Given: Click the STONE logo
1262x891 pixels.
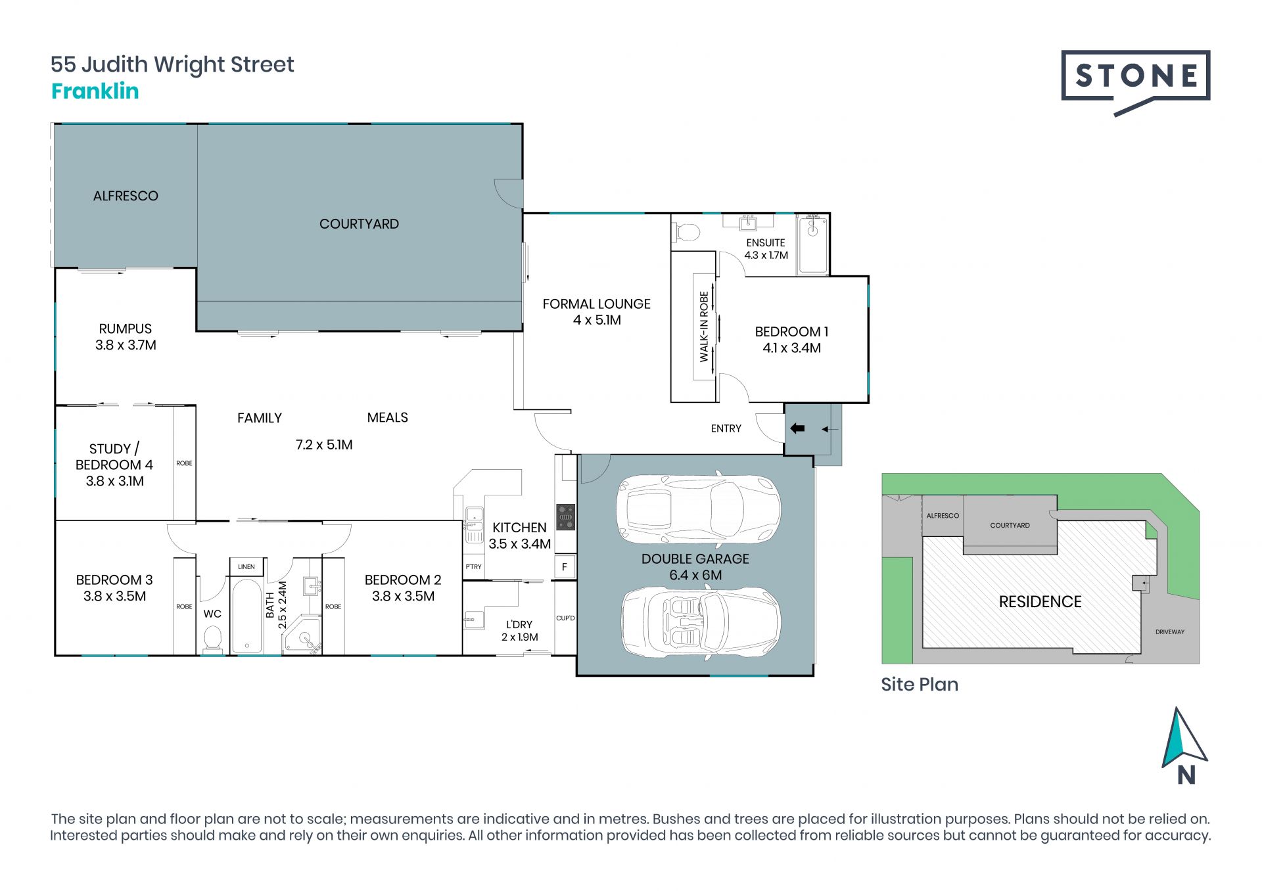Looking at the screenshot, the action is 1135,81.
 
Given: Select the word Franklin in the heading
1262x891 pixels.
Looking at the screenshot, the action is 95,91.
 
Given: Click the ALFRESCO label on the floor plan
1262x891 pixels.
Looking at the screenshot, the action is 126,196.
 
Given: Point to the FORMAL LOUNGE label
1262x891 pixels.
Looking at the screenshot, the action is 596,304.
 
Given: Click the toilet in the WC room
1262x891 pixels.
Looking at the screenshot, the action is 212,639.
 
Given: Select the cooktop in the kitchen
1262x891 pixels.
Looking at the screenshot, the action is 565,517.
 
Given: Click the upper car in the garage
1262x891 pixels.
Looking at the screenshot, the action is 698,508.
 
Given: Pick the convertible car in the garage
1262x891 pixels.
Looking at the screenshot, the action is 701,622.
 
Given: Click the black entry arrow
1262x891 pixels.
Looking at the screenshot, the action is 797,428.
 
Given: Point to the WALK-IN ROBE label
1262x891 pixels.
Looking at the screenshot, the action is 704,327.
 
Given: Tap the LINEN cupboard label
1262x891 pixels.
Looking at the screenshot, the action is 246,566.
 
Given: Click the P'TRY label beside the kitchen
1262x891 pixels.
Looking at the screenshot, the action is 473,566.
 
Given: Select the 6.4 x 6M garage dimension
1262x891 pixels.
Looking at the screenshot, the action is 695,576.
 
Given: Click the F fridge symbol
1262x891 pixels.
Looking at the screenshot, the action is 564,566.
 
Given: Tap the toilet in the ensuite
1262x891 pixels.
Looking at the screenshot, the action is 687,232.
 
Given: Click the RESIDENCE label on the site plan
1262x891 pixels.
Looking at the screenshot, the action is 1040,602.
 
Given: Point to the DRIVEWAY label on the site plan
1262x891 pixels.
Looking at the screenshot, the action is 1170,632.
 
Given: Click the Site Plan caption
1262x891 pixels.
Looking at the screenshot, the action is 920,685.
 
